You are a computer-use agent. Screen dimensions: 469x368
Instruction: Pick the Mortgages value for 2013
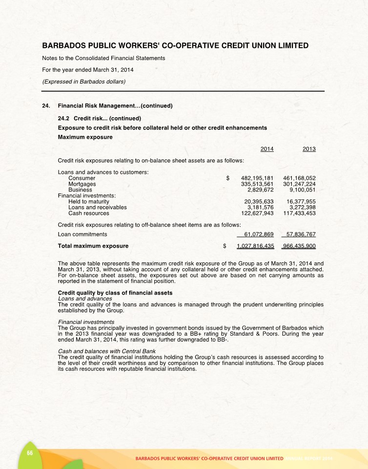point(299,184)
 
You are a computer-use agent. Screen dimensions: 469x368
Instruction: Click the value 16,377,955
point(301,202)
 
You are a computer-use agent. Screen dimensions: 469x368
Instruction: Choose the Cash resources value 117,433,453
point(299,213)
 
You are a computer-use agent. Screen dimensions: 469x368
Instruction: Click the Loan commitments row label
point(82,234)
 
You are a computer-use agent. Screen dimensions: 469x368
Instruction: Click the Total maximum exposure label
point(93,246)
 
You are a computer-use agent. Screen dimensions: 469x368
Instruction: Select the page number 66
point(30,452)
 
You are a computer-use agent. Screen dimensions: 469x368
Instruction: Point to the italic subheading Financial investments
point(86,322)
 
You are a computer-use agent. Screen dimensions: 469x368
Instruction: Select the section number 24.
point(46,106)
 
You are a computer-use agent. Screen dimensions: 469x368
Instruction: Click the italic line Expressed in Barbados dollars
point(84,82)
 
